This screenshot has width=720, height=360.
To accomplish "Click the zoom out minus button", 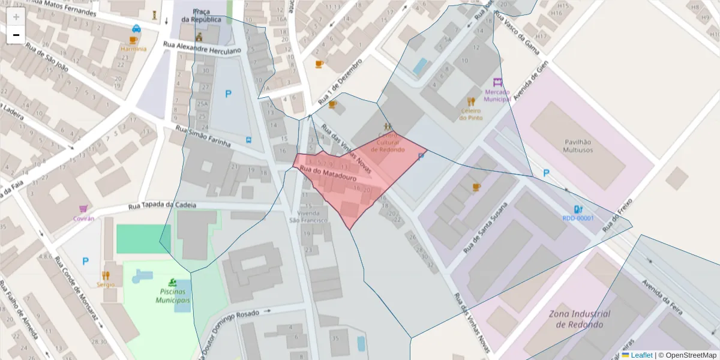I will click(x=16, y=35).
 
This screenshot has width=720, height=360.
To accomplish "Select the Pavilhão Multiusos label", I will click(x=578, y=146).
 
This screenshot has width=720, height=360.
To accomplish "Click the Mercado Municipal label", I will click(x=497, y=95).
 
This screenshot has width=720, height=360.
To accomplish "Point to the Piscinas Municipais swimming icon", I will click(x=173, y=282).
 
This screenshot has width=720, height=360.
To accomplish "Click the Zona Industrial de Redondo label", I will click(x=579, y=319).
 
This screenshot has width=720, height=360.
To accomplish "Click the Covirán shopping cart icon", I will click(x=83, y=209).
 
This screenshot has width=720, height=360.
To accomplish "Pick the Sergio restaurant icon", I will click(x=106, y=275).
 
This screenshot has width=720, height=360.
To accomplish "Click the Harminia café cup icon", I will click(x=133, y=40).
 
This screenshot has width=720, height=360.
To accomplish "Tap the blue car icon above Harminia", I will click(x=137, y=28).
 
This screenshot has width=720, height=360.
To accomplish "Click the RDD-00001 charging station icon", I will click(x=578, y=209).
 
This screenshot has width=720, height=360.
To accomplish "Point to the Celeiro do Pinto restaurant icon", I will click(x=472, y=101).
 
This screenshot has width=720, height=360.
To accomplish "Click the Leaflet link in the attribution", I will click(x=641, y=355).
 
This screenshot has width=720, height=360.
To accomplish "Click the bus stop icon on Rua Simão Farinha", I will click(x=248, y=140).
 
